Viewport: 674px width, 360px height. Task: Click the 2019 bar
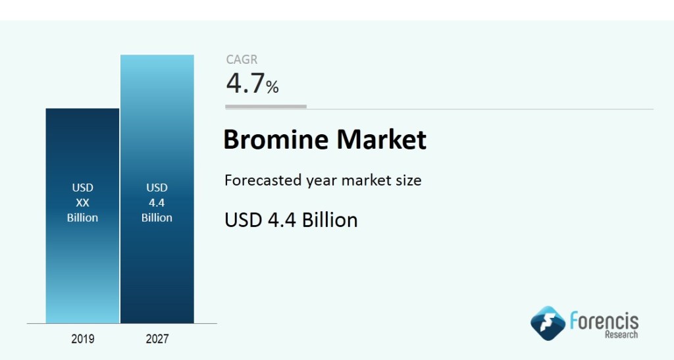click(x=82, y=216)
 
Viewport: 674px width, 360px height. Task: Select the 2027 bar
click(x=157, y=189)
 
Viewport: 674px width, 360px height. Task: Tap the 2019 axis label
click(x=82, y=339)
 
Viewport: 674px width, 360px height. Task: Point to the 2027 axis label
click(x=157, y=339)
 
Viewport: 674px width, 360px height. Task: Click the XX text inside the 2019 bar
click(x=82, y=203)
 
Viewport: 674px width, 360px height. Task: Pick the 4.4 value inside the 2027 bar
click(x=157, y=203)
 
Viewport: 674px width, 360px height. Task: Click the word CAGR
click(x=242, y=59)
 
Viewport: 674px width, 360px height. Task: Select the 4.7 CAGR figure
click(x=245, y=84)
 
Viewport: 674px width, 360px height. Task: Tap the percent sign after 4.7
click(x=272, y=88)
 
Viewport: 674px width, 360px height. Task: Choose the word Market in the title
click(x=381, y=139)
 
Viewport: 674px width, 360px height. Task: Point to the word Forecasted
click(x=263, y=180)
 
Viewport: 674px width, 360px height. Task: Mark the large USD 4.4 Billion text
click(x=291, y=220)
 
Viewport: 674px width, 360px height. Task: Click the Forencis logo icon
click(x=548, y=323)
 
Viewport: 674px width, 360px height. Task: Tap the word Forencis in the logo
click(x=604, y=321)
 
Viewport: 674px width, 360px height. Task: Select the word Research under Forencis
click(x=621, y=334)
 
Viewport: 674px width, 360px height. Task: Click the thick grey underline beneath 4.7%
click(x=266, y=107)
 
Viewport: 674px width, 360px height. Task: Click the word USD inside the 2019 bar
click(x=82, y=188)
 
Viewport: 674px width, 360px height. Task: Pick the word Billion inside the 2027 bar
click(x=157, y=218)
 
